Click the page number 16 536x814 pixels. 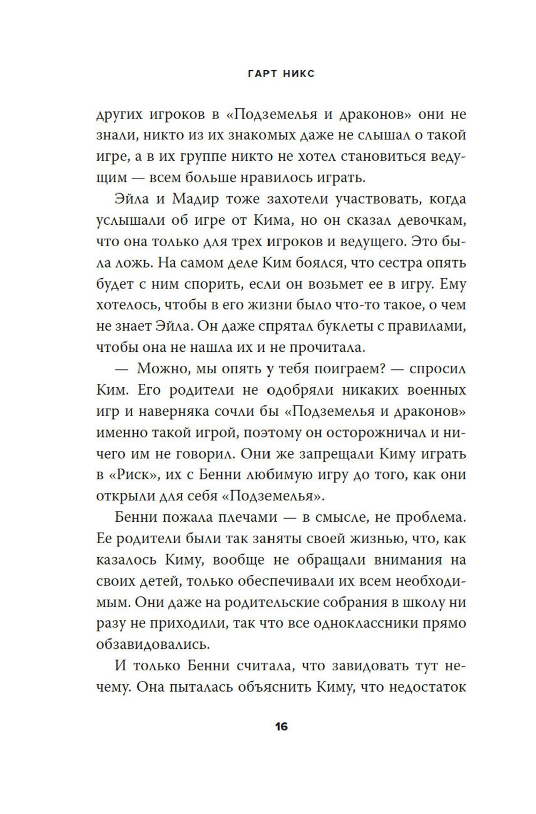pyautogui.click(x=281, y=727)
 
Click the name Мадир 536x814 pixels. pyautogui.click(x=196, y=199)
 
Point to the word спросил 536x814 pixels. pyautogui.click(x=437, y=369)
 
